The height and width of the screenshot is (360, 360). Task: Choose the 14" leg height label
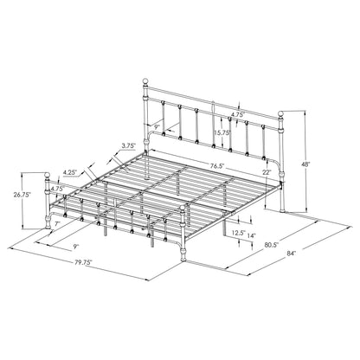click(251, 235)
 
